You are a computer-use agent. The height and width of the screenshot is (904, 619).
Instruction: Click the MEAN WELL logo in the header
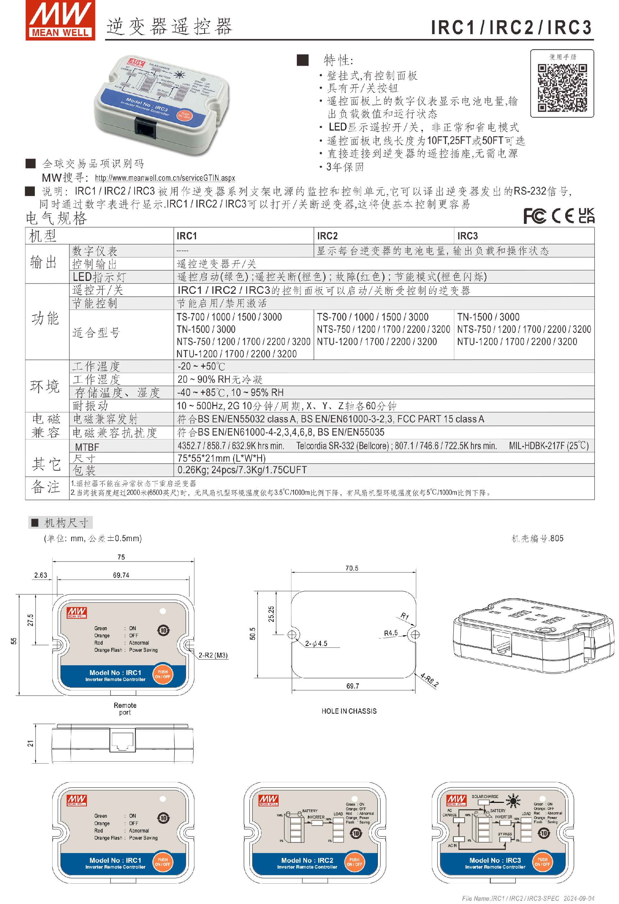click(60, 20)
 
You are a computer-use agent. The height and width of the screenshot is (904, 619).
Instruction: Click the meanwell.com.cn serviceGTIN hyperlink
click(165, 178)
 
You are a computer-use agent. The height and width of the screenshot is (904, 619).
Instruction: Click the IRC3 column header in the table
click(467, 236)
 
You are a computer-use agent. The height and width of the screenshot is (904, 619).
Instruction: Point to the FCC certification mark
click(535, 216)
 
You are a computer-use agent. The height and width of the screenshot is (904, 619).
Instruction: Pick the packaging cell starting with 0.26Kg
click(242, 470)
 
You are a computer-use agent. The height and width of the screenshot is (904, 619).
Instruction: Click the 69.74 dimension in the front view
click(121, 575)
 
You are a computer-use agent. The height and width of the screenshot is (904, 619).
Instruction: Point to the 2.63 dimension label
click(41, 575)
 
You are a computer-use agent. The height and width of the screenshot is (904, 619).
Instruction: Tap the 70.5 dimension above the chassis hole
click(351, 568)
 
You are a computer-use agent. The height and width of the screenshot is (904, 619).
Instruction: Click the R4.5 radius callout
click(390, 633)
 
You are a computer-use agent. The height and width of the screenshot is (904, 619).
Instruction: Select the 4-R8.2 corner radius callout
click(429, 681)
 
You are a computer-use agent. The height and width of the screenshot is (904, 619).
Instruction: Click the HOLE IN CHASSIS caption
click(349, 711)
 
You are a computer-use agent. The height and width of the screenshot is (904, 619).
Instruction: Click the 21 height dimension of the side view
click(30, 743)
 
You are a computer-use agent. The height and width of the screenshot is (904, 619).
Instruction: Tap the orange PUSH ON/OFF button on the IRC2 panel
click(354, 862)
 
